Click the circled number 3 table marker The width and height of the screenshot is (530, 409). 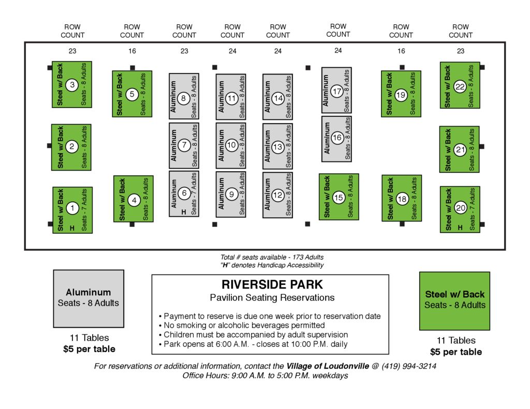tap(72, 85)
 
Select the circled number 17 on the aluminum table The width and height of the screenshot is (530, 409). tap(337, 92)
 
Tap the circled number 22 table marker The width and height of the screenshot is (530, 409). tap(460, 87)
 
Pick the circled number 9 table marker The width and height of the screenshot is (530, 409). tap(231, 194)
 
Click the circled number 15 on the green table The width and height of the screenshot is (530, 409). tap(338, 197)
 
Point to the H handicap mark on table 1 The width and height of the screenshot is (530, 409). tap(72, 228)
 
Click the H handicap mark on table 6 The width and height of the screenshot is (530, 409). tap(184, 212)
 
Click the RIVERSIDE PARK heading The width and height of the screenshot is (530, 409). tap(272, 284)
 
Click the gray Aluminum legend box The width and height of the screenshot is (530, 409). tap(89, 298)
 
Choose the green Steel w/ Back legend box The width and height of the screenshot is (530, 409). tap(454, 300)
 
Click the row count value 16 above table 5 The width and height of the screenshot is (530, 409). tap(132, 51)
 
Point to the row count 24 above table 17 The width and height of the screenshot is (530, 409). tap(338, 51)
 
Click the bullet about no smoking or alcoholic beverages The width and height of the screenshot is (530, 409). tap(243, 325)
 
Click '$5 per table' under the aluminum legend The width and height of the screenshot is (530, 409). tap(89, 349)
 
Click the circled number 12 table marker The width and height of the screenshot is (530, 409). tap(278, 195)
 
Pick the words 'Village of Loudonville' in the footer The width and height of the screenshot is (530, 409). tap(328, 366)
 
